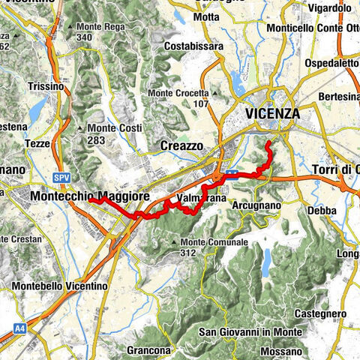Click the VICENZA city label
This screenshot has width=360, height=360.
(x=272, y=114)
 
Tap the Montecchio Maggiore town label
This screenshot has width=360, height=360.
(x=90, y=196)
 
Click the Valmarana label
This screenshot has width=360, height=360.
(x=199, y=198)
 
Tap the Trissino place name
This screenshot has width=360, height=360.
(x=46, y=86)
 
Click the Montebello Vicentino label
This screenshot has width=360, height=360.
(x=60, y=286)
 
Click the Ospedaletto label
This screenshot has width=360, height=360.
(x=330, y=64)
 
